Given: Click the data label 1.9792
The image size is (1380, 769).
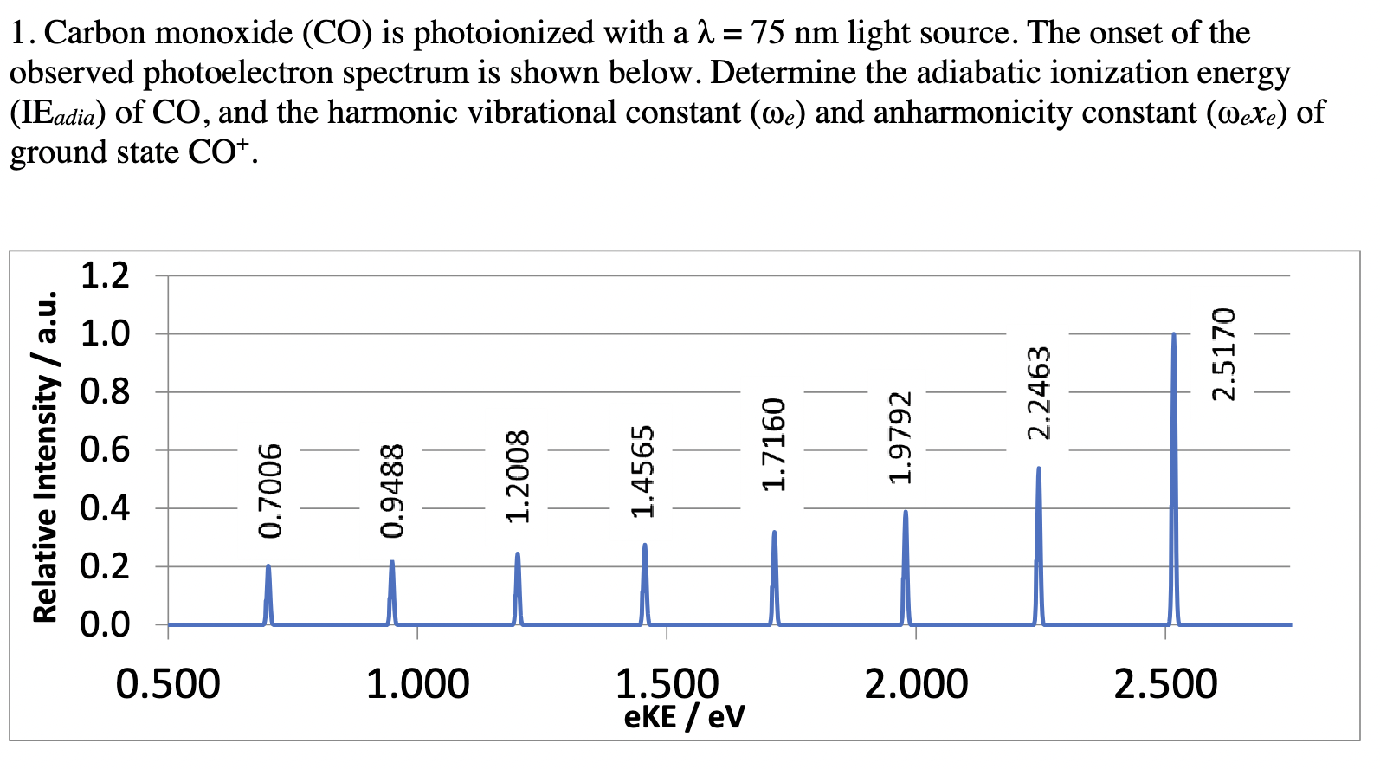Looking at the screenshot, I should click(x=900, y=437).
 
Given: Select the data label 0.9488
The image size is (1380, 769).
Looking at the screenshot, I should click(x=392, y=490).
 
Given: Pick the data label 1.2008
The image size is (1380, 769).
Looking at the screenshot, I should click(x=518, y=477).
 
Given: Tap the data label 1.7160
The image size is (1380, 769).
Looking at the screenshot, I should click(x=773, y=444).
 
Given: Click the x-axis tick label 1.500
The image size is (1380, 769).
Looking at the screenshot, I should click(x=667, y=684).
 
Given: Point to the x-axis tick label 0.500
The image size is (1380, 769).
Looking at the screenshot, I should click(x=168, y=684).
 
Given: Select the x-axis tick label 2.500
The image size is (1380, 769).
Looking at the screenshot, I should click(x=1165, y=684).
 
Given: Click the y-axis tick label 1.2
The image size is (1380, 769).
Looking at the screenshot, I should click(x=105, y=275).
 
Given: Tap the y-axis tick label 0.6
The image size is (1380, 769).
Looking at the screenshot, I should click(x=105, y=450).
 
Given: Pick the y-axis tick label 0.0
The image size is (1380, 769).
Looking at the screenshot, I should click(x=105, y=624).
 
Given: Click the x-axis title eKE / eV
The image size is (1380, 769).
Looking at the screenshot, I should click(x=684, y=717).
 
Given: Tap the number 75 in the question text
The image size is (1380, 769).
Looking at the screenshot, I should click(x=768, y=33).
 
